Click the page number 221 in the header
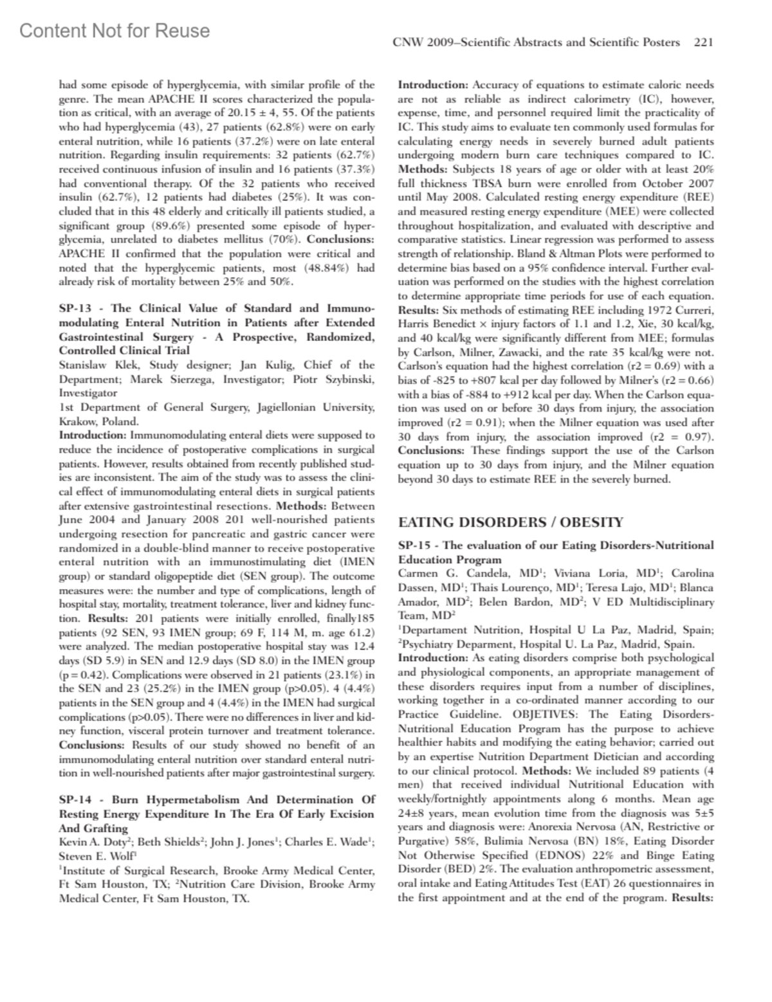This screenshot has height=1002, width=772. tap(704, 42)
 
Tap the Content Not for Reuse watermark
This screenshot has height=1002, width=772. tap(115, 31)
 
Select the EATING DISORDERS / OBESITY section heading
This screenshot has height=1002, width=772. tap(511, 522)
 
